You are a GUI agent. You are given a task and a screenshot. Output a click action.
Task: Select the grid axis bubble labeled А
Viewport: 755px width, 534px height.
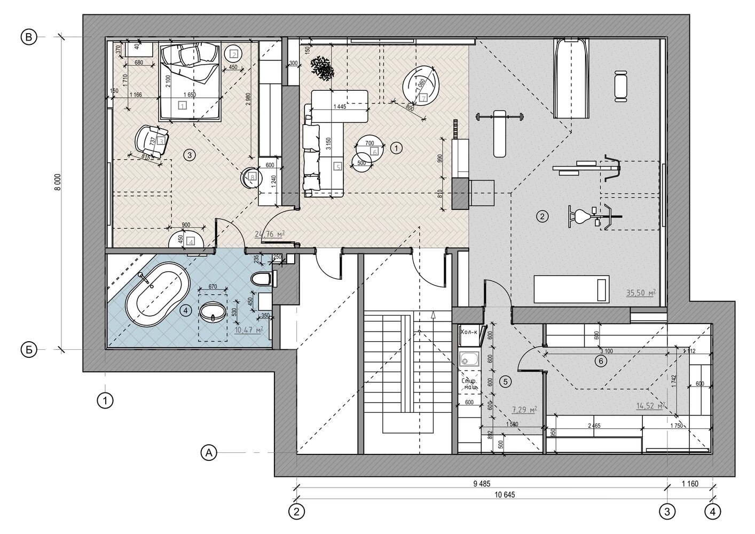pyautogui.click(x=209, y=453)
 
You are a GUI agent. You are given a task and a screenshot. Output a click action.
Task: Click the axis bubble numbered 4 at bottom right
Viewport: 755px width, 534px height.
pyautogui.click(x=712, y=511)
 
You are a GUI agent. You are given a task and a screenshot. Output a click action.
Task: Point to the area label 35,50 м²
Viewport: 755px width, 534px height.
pyautogui.click(x=640, y=293)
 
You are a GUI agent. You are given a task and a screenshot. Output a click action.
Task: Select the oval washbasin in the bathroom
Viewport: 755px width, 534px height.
pyautogui.click(x=213, y=312)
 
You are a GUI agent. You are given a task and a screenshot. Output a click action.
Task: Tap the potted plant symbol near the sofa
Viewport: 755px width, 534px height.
pyautogui.click(x=322, y=68)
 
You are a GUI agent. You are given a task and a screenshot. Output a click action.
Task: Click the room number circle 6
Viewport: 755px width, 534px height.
pyautogui.click(x=601, y=362)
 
